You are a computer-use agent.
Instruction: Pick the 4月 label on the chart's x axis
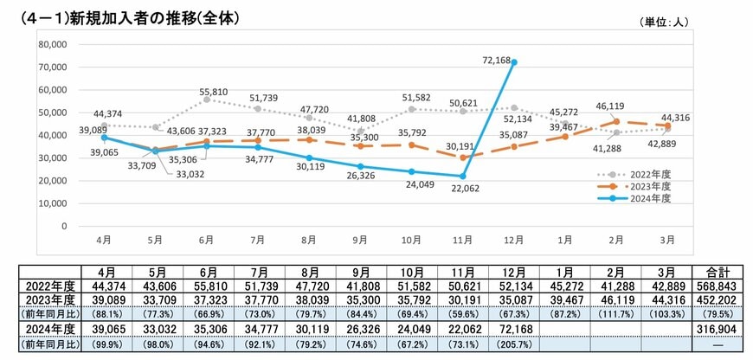tap(105, 236)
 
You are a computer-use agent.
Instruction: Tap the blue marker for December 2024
tap(514, 62)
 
